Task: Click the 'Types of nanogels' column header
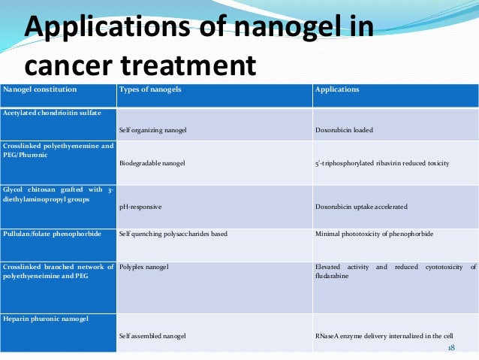(x=150, y=89)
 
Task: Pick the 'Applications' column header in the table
(x=337, y=89)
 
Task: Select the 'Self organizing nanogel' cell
(x=153, y=130)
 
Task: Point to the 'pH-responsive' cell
(x=140, y=206)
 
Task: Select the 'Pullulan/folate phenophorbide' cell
(x=52, y=234)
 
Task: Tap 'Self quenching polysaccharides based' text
(x=173, y=234)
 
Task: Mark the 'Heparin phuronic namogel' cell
(x=46, y=319)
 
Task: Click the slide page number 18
(x=451, y=349)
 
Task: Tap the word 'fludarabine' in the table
(x=333, y=276)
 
